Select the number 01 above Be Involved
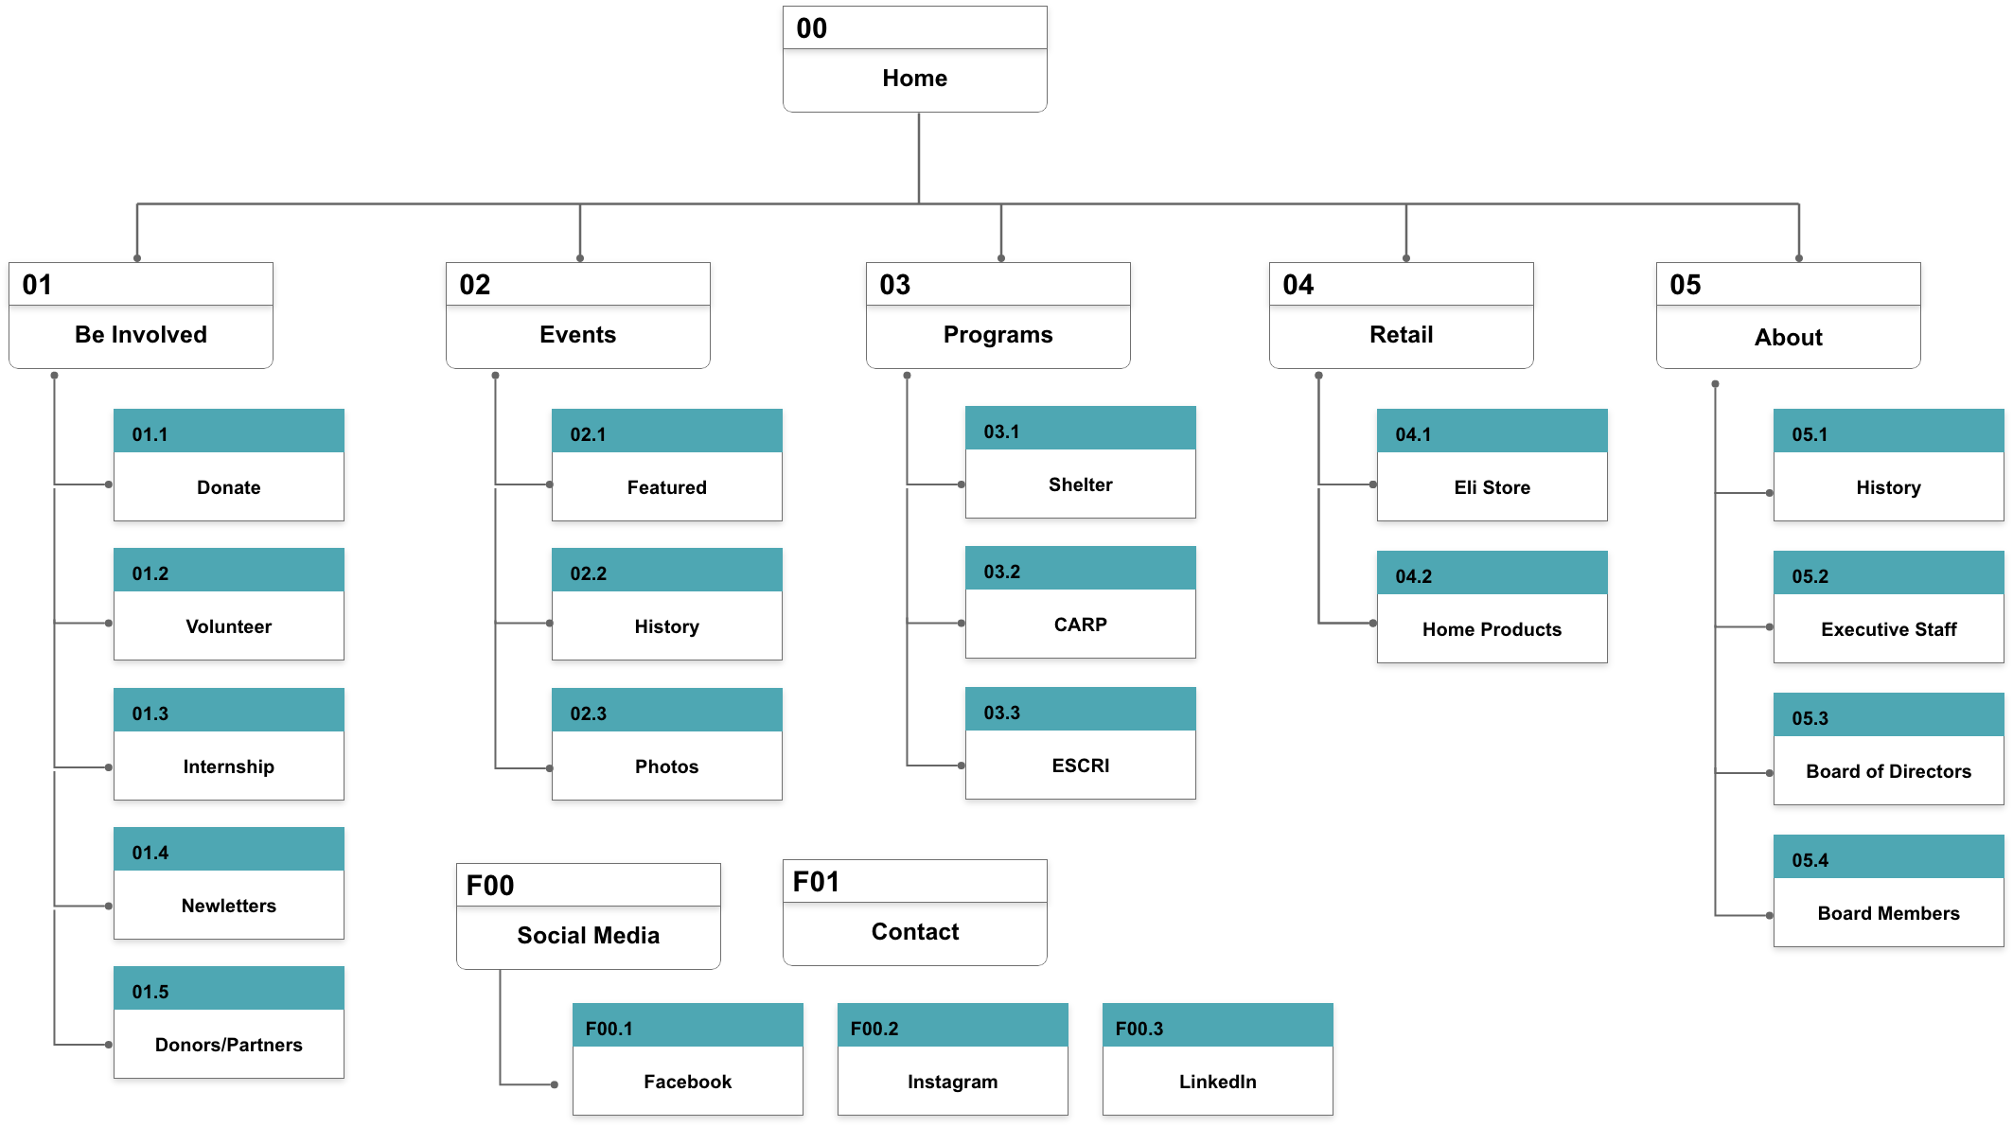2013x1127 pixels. tap(37, 285)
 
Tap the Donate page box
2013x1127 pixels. tap(228, 487)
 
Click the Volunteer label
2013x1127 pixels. tap(228, 626)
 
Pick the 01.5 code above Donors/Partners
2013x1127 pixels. tap(150, 992)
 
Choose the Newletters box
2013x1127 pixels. tap(228, 906)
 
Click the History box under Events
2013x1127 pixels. tap(666, 626)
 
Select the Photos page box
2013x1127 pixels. tap(666, 766)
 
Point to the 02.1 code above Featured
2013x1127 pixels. tap(588, 434)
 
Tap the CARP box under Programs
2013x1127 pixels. tap(1080, 625)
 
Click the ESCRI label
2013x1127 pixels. tap(1080, 766)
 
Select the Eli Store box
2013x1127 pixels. tap(1492, 487)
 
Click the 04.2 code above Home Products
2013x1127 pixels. tap(1413, 576)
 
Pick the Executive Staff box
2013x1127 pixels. tap(1888, 629)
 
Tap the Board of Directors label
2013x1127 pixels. tap(1888, 771)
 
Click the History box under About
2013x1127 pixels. tap(1888, 487)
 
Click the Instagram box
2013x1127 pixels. tap(952, 1082)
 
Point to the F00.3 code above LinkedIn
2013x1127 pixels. tap(1139, 1029)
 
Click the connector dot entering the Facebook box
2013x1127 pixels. tap(555, 1084)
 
